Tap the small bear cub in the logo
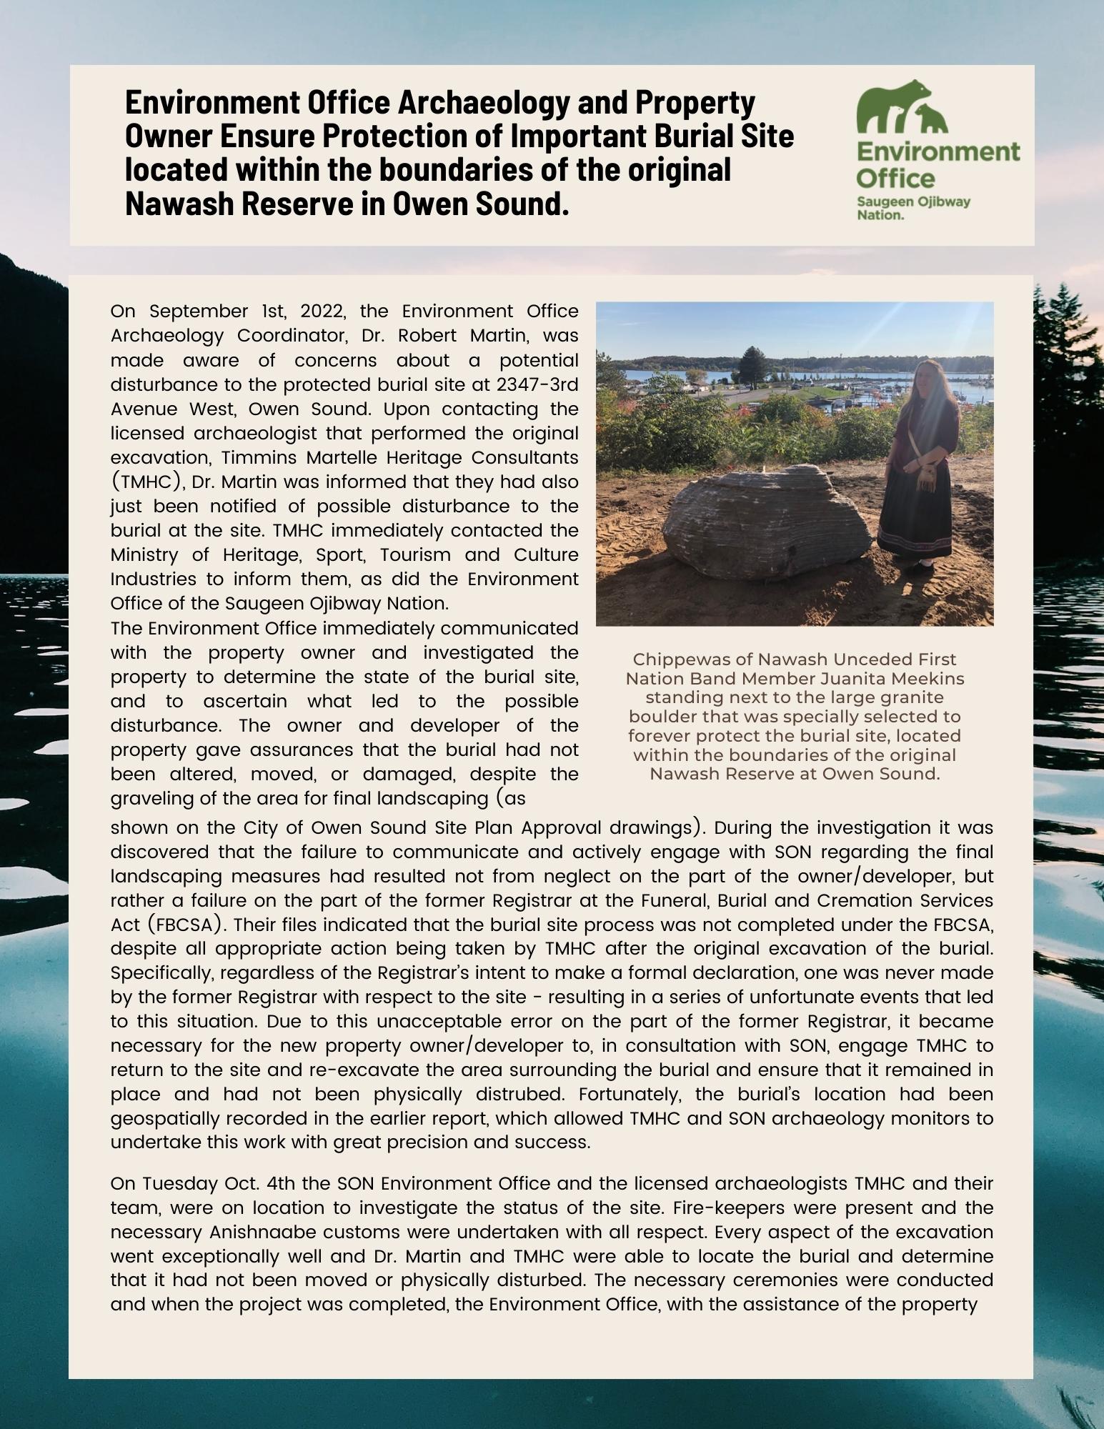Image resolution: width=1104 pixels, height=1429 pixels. pyautogui.click(x=932, y=120)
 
